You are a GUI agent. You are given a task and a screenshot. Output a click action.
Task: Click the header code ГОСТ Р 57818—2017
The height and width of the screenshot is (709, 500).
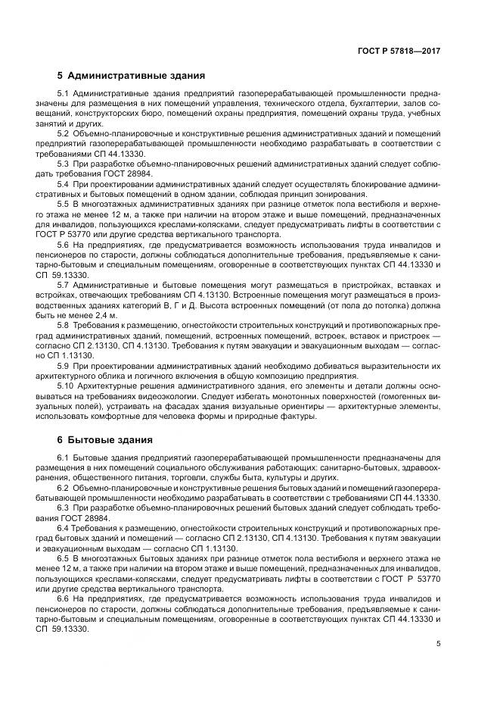point(399,50)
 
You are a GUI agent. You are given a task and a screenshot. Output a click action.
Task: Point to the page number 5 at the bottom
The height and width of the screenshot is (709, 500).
point(439,644)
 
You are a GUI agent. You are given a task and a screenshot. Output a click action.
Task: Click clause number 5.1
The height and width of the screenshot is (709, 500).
point(64,93)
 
